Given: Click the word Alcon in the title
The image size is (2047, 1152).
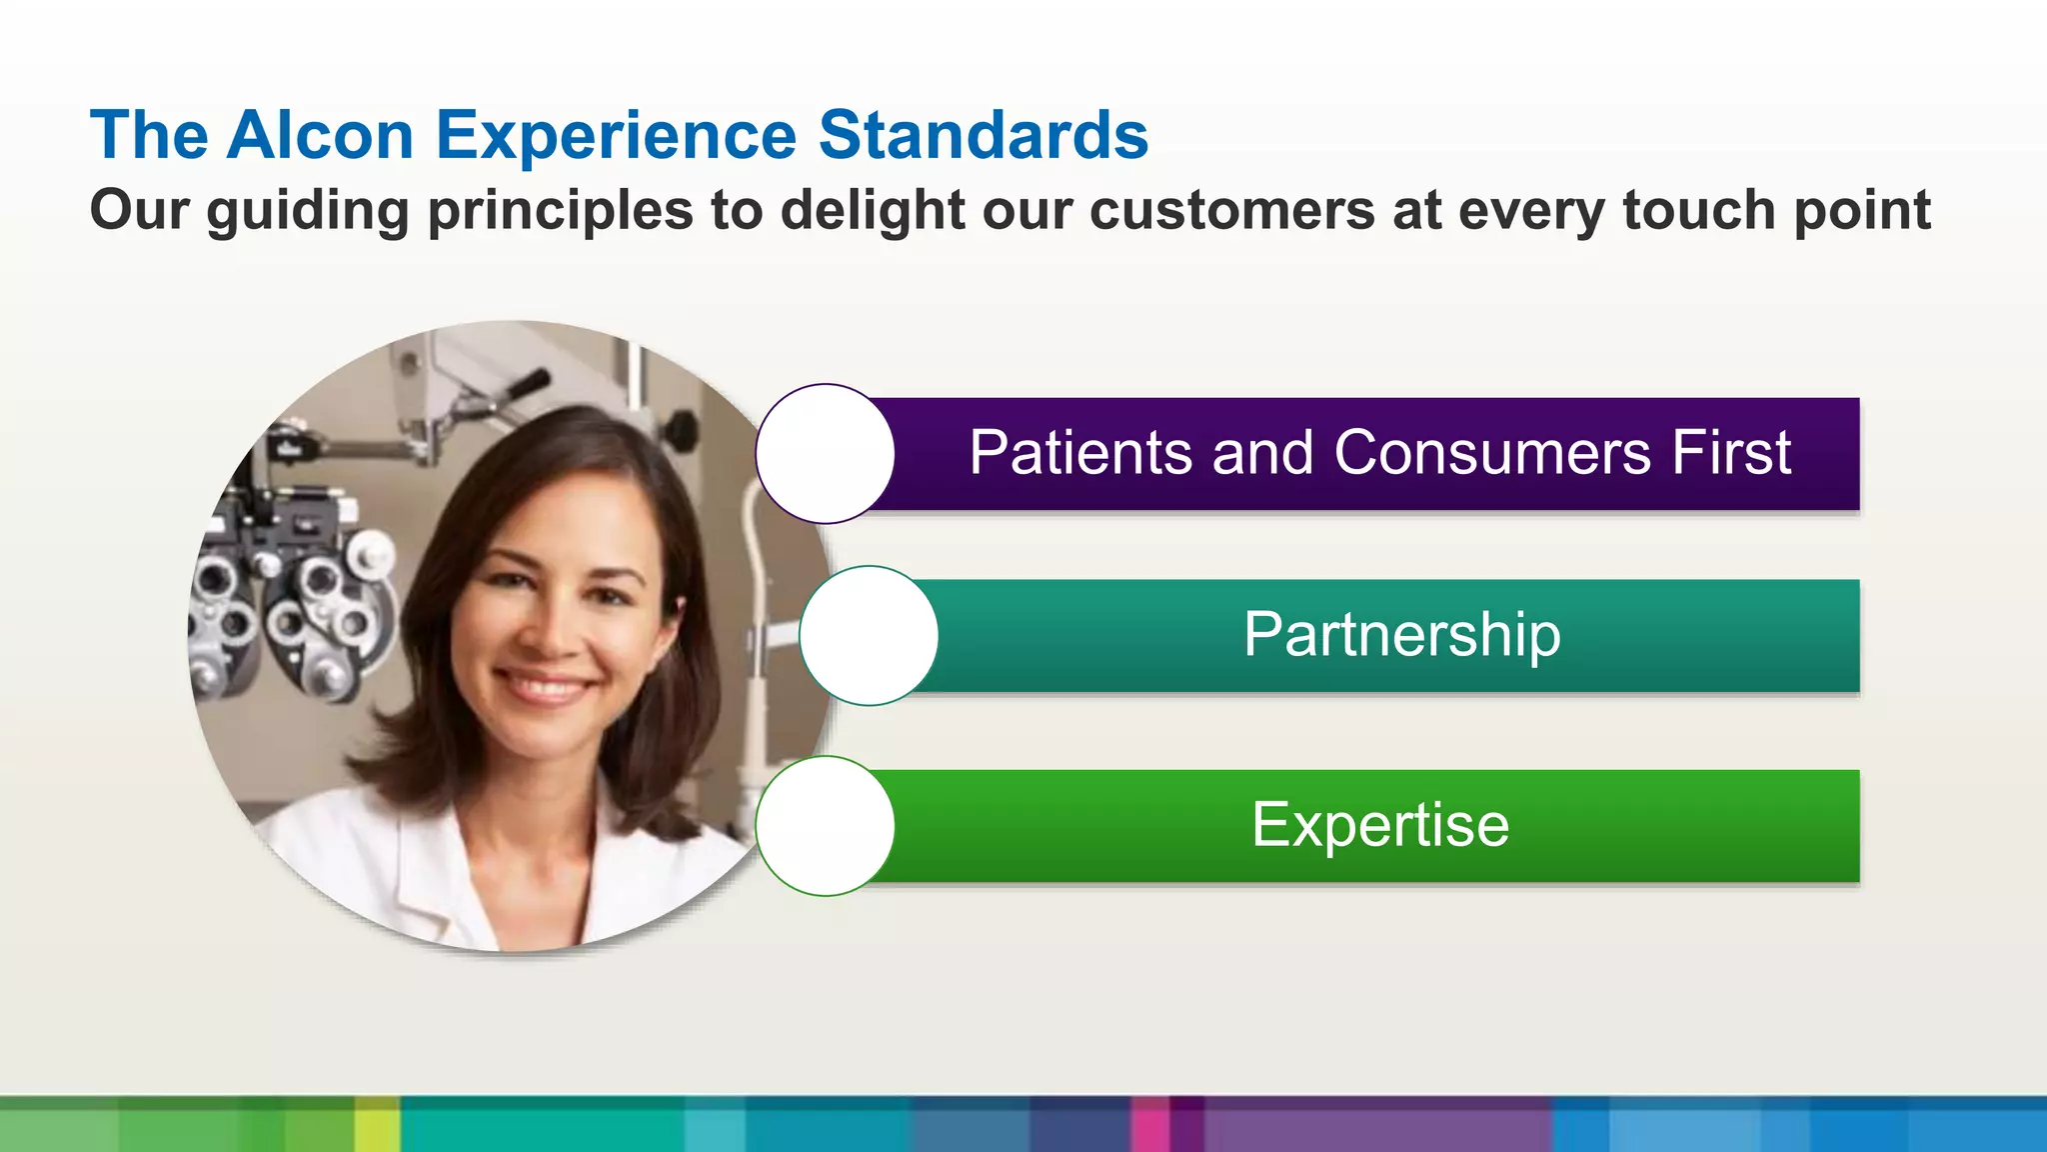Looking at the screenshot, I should click(320, 135).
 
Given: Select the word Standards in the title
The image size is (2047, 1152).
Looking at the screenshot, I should click(984, 135).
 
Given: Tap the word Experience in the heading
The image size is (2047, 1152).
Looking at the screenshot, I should click(616, 135).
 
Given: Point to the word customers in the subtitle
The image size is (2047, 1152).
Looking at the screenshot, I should click(1231, 211).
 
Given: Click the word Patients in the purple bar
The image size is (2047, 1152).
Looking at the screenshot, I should click(1079, 452).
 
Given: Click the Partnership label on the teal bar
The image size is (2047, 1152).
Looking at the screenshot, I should click(1401, 634).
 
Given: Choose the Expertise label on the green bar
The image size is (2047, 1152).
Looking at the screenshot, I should click(1380, 825).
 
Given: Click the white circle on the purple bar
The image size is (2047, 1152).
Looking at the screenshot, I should click(825, 454).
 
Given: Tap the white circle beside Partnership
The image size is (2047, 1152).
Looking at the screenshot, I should click(869, 636).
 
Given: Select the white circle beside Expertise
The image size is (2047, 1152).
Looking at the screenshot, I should click(825, 826).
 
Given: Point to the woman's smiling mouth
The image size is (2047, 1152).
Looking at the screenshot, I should click(546, 688).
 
